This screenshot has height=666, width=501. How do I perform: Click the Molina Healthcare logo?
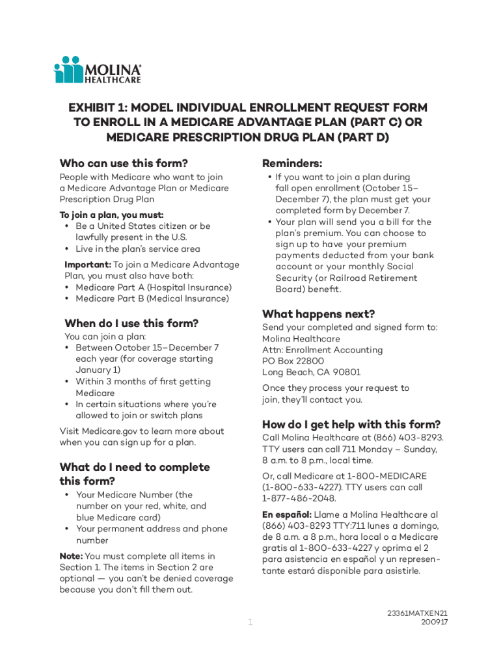(x=97, y=70)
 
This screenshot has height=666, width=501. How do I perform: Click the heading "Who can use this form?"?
(x=124, y=163)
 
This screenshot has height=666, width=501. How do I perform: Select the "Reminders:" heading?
(x=292, y=163)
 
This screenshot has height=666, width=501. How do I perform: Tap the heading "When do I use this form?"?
(x=131, y=323)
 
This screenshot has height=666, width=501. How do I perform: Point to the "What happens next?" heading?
(x=318, y=313)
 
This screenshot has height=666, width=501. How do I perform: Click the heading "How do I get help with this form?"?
(x=351, y=424)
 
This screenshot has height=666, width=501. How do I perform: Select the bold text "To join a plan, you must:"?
(x=111, y=215)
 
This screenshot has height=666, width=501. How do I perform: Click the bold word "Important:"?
(x=88, y=265)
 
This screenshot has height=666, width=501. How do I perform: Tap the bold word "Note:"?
(x=71, y=556)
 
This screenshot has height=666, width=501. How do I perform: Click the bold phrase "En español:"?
(x=287, y=514)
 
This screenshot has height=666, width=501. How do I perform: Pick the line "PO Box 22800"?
(x=293, y=361)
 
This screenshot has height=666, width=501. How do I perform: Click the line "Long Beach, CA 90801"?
(x=311, y=372)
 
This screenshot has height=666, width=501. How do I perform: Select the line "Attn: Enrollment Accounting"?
(x=322, y=350)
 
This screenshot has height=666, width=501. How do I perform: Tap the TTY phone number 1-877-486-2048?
(x=299, y=498)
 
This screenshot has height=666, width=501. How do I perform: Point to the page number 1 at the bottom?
(x=250, y=623)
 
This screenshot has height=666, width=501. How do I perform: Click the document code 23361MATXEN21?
(x=416, y=613)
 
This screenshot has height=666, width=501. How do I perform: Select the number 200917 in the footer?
(x=434, y=622)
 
